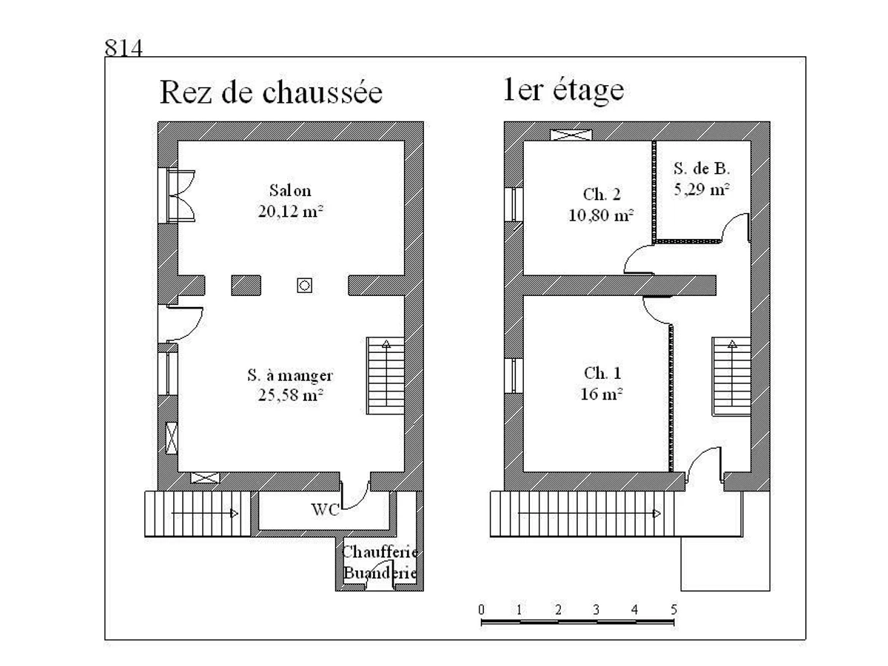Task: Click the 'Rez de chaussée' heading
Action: pyautogui.click(x=271, y=93)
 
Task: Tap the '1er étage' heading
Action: pyautogui.click(x=562, y=90)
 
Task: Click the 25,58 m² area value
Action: pyautogui.click(x=289, y=395)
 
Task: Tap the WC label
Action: pyautogui.click(x=325, y=510)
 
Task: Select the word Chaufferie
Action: pyautogui.click(x=380, y=553)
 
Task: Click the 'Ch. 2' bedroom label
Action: pyautogui.click(x=602, y=195)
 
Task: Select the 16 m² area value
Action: pyautogui.click(x=602, y=394)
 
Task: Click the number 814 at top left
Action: pyautogui.click(x=123, y=49)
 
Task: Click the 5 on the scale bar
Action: pyautogui.click(x=673, y=610)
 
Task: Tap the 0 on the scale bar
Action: pyautogui.click(x=482, y=610)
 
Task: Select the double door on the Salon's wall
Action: pyautogui.click(x=180, y=195)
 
